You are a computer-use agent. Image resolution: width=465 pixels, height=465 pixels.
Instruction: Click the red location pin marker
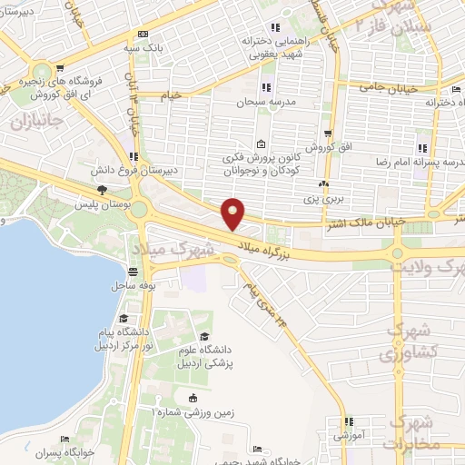(234, 213)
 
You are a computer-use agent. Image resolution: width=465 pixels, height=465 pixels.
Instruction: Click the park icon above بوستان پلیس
(103, 190)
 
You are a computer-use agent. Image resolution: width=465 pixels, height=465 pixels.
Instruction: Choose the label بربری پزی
(321, 197)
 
